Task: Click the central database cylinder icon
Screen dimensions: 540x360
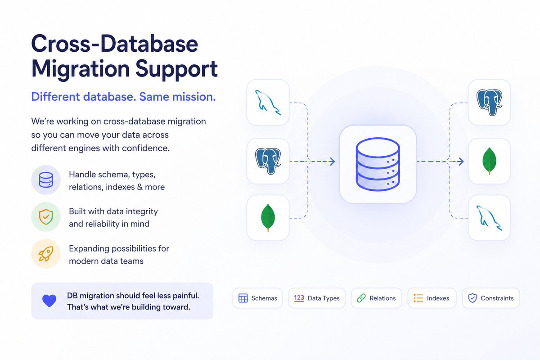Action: [x=378, y=164]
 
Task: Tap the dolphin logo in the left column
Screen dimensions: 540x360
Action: [x=268, y=103]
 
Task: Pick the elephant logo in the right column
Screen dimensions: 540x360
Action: [x=489, y=103]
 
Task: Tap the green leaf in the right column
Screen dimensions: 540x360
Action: [x=489, y=161]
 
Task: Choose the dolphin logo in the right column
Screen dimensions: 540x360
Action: [x=489, y=218]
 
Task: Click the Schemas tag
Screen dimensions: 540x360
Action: [x=257, y=298]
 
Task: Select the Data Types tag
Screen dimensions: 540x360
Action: [x=317, y=298]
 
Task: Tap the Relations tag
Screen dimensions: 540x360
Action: [x=376, y=298]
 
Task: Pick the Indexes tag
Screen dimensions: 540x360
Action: [x=432, y=298]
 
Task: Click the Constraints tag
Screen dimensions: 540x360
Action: [x=491, y=298]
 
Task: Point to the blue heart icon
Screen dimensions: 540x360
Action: [x=49, y=301]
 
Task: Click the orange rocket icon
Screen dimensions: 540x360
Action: [x=46, y=254]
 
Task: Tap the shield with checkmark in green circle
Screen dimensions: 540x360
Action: [x=46, y=217]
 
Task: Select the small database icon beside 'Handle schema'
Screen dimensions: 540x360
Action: [x=46, y=180]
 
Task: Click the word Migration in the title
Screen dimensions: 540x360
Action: [x=81, y=69]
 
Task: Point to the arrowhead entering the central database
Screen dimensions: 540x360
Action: [x=332, y=161]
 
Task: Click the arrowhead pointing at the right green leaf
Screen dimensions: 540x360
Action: [x=461, y=161]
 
